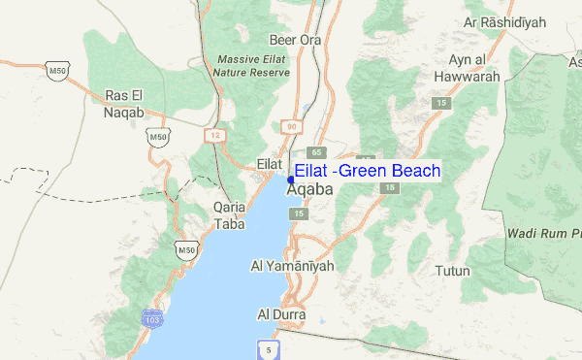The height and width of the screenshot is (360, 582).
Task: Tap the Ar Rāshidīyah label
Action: coord(500,21)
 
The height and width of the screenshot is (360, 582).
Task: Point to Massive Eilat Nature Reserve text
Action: coord(253,65)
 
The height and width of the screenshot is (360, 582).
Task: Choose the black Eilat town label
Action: coord(269,165)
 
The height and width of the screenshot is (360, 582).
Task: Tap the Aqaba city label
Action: coord(309,190)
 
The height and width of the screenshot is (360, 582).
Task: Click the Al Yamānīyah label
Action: coord(292,265)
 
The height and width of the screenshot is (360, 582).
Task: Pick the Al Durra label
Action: coord(281,315)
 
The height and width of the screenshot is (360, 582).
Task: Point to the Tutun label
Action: coord(452,271)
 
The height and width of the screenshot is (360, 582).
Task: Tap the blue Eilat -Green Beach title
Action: coord(367,172)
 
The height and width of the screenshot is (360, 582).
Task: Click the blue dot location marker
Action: coord(291,180)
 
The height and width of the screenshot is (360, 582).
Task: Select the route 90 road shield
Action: coord(291,127)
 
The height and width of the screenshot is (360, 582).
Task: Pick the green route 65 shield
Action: coord(316,152)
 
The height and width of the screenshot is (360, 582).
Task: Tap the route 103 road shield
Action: coord(150,318)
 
